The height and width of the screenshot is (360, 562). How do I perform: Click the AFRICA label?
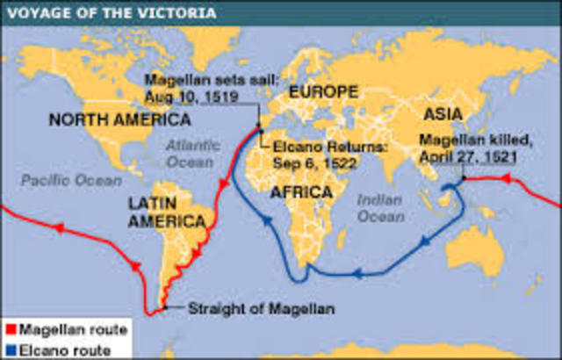point(301,191)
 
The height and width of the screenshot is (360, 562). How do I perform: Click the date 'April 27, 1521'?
point(467,155)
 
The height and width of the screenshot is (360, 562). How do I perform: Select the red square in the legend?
point(10,330)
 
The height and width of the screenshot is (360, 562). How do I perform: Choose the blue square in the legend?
point(10,349)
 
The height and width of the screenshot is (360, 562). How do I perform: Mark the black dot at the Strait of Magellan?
point(162,307)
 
